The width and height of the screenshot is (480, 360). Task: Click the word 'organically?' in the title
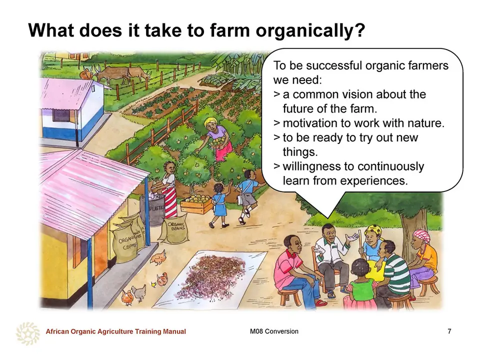310,30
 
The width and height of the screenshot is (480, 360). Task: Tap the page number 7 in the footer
449,331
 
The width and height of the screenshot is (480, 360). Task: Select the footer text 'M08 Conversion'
274,331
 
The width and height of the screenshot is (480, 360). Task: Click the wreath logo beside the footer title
28,333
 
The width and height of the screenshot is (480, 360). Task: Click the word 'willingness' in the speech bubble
311,167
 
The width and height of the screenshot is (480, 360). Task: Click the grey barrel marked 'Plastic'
152,209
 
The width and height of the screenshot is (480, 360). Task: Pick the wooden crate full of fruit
196,203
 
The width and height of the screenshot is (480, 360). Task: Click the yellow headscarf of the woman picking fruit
212,122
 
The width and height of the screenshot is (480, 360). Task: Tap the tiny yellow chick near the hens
154,284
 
